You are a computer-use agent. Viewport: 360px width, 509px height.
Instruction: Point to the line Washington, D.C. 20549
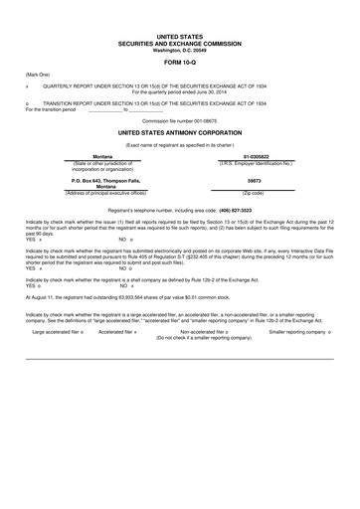click(179, 50)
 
